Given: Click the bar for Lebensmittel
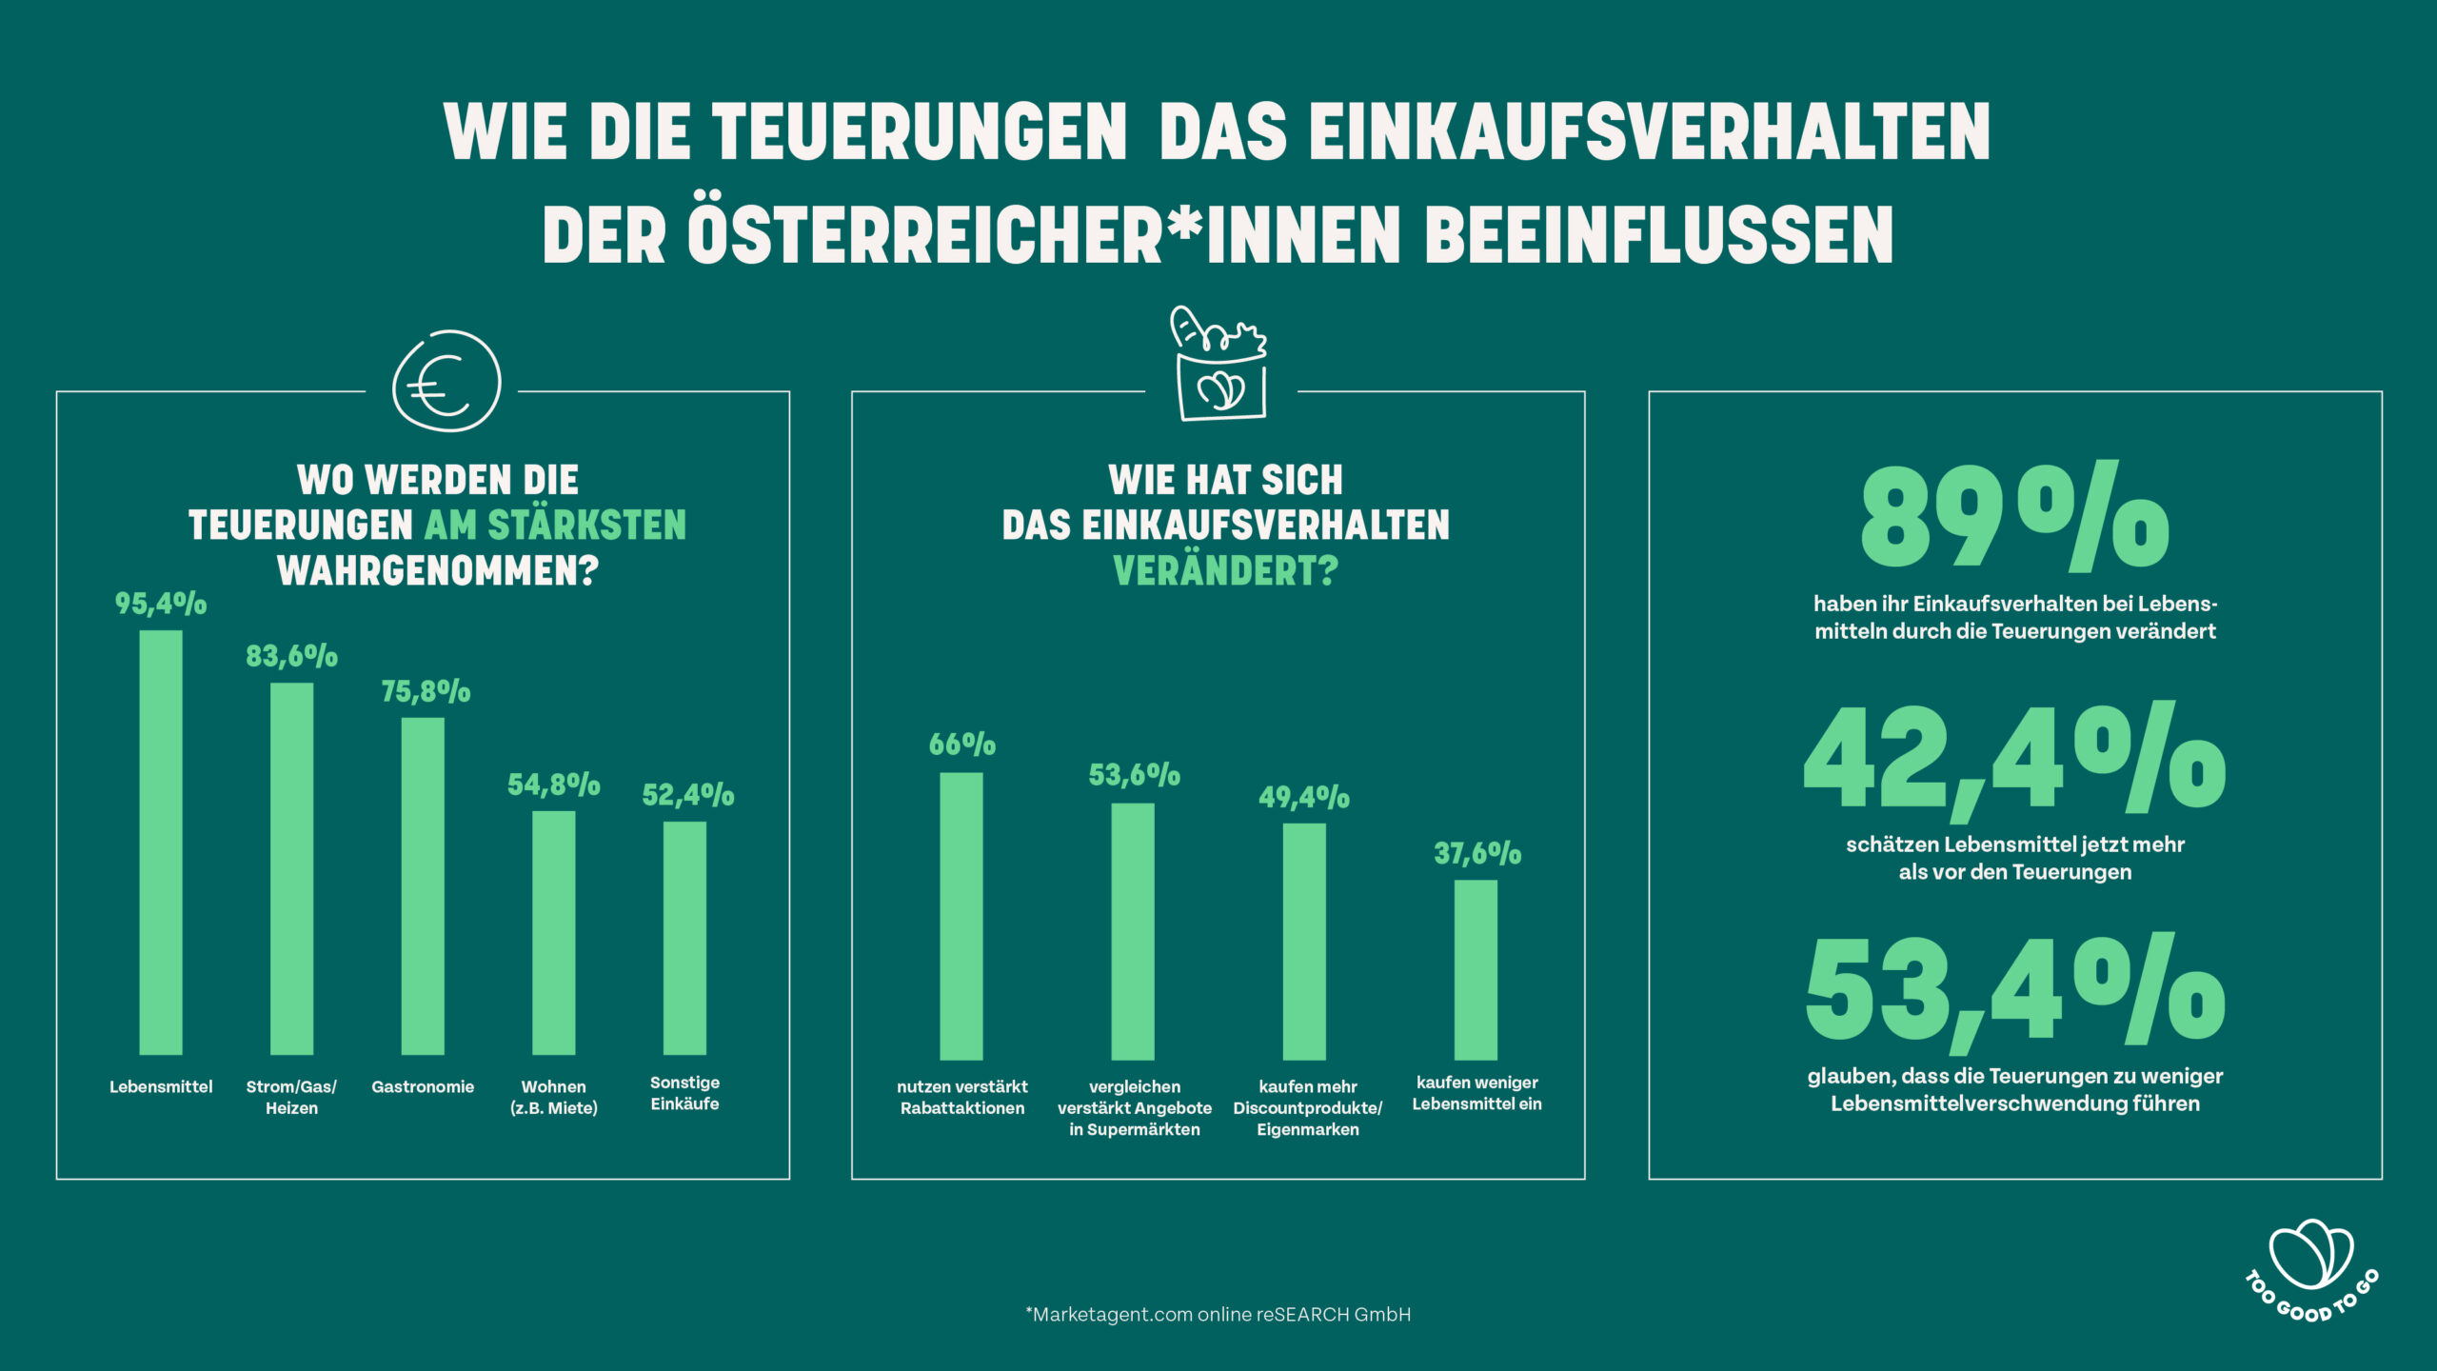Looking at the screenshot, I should (x=161, y=843).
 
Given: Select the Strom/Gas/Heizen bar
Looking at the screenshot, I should (x=291, y=868).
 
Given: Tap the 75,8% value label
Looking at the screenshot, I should (x=426, y=691).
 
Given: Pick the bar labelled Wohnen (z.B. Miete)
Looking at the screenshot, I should (x=553, y=933).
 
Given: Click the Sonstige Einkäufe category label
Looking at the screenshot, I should (x=684, y=1093).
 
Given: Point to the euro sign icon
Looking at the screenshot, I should (x=446, y=381).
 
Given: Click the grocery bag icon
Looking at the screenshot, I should (x=1220, y=364).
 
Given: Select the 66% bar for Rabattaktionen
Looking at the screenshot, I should (x=961, y=916).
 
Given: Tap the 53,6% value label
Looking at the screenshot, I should (x=1134, y=775).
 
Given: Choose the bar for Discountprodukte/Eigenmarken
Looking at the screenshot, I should (x=1304, y=941).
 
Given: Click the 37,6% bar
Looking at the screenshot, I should (x=1476, y=969).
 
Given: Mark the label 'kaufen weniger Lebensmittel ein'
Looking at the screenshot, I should (x=1476, y=1093).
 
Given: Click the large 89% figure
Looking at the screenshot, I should (x=2014, y=519).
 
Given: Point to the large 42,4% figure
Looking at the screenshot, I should (x=2014, y=760).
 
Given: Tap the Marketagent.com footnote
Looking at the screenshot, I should (x=1218, y=1315).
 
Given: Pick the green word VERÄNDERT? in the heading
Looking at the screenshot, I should (x=1225, y=571).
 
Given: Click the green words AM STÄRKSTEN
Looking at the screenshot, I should (x=555, y=526).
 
